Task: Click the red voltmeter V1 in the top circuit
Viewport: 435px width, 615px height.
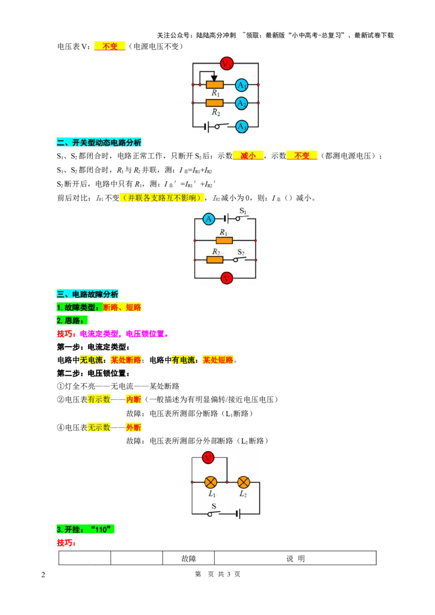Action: (227, 63)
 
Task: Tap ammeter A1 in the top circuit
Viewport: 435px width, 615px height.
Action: (241, 85)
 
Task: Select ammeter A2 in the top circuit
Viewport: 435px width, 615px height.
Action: (241, 103)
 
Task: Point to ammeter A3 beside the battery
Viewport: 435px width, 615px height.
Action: (241, 127)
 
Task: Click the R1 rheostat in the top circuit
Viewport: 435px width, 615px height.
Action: (214, 84)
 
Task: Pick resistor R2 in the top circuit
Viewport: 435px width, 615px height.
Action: (214, 103)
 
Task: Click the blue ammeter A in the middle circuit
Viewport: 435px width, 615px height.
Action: (208, 219)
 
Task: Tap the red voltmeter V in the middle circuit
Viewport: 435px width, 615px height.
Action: (226, 279)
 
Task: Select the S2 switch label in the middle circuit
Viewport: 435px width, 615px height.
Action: (241, 252)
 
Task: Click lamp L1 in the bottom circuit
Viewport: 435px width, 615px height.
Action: (211, 482)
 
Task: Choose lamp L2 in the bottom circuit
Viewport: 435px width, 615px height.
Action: (244, 482)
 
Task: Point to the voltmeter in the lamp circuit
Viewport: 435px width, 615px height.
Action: (208, 457)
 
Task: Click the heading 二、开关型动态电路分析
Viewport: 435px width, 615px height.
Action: (99, 142)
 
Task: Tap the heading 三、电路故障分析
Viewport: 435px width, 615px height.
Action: (88, 294)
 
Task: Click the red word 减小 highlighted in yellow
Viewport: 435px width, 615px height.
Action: (248, 156)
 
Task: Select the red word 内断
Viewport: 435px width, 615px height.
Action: (133, 399)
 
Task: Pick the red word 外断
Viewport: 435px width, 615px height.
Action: (133, 428)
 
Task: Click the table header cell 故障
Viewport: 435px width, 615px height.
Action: (189, 558)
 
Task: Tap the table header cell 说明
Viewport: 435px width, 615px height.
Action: (295, 558)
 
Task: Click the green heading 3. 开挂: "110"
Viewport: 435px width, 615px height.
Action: (85, 529)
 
